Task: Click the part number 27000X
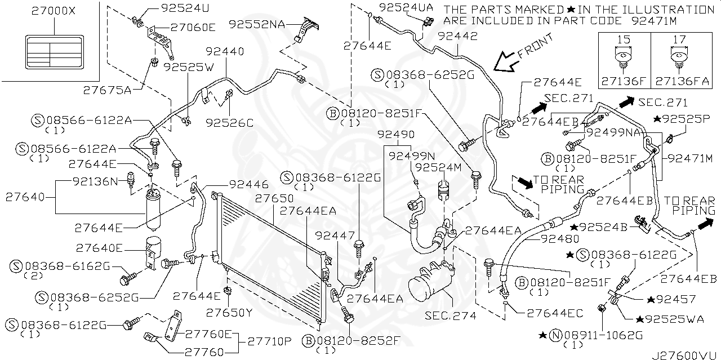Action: point(54,11)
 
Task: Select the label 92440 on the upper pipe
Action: point(225,51)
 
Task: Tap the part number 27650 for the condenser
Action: point(274,198)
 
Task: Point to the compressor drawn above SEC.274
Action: point(431,282)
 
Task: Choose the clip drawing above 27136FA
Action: point(679,63)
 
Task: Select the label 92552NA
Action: point(257,24)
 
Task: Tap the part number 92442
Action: point(457,36)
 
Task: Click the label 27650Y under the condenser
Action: point(229,312)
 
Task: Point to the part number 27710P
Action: point(269,341)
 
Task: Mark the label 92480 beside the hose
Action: point(560,239)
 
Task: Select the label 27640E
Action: point(100,248)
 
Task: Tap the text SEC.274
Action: point(450,315)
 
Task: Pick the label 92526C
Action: point(229,123)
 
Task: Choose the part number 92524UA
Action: point(407,7)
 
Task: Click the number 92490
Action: point(396,134)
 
